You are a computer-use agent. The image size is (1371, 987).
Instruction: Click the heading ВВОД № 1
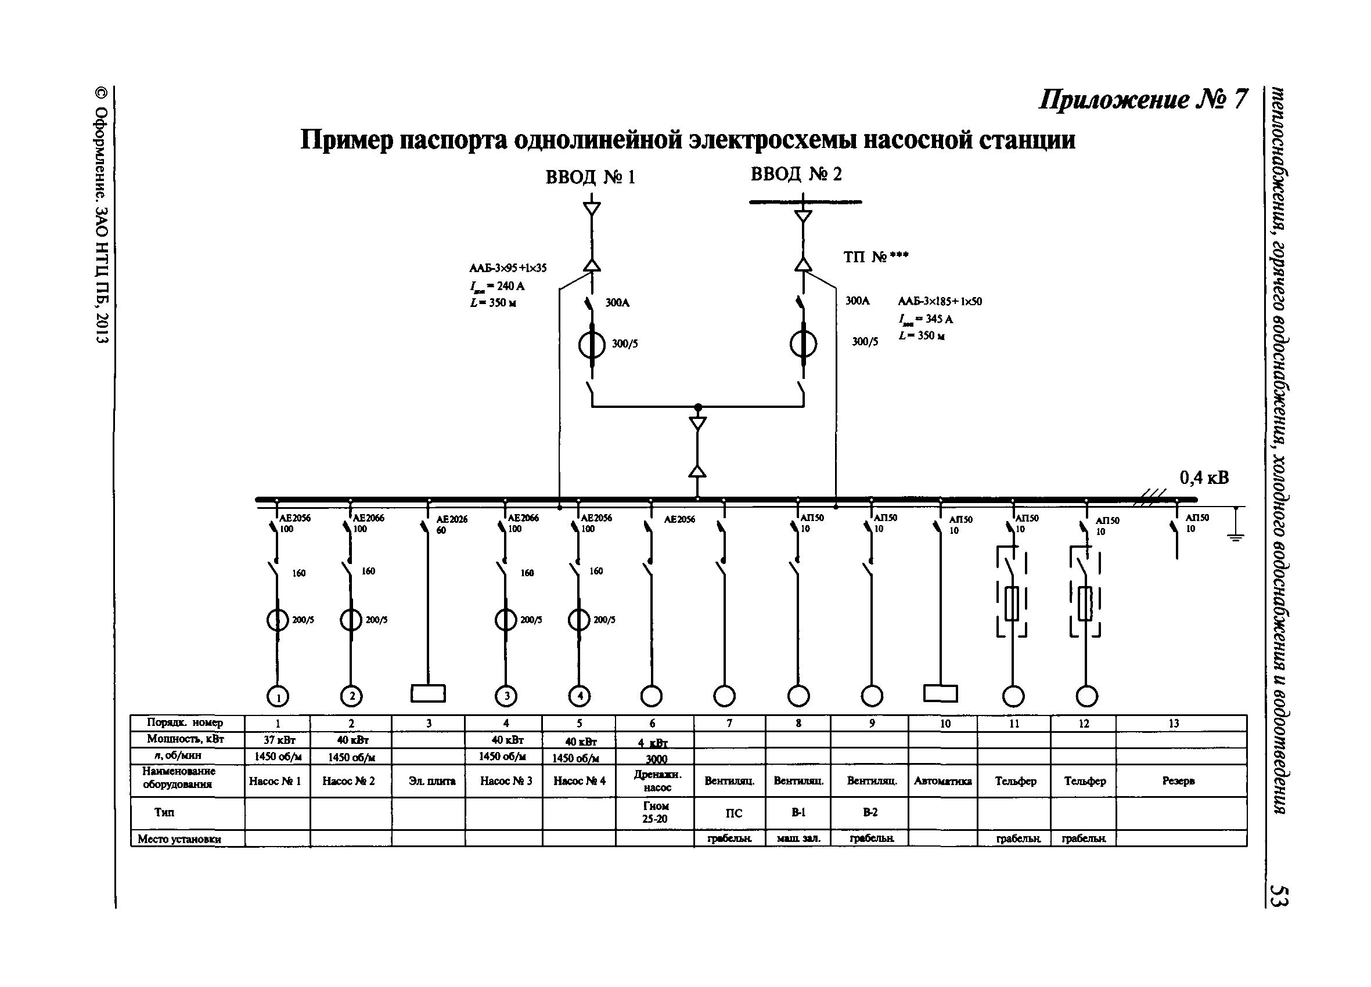[590, 177]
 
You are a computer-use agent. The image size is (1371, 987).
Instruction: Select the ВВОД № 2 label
[796, 175]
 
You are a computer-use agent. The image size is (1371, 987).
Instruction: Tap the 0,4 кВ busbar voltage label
[1204, 478]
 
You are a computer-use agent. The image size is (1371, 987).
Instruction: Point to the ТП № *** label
[875, 257]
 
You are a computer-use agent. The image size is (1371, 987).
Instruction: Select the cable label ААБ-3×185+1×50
[940, 301]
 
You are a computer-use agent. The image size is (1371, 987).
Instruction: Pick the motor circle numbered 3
[506, 696]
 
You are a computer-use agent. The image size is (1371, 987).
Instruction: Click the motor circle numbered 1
[278, 697]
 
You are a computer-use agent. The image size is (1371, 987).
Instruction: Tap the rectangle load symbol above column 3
[428, 693]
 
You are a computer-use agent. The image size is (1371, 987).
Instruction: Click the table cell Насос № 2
[349, 781]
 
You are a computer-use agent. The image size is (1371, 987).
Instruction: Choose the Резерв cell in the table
[1178, 781]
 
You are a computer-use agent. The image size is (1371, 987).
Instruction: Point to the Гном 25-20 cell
[655, 812]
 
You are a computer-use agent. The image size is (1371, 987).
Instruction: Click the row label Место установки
[179, 839]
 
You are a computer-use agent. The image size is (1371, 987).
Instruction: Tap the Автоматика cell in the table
[942, 781]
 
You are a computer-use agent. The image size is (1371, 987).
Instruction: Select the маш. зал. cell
[798, 838]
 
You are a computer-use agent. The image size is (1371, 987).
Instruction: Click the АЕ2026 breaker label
[452, 519]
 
